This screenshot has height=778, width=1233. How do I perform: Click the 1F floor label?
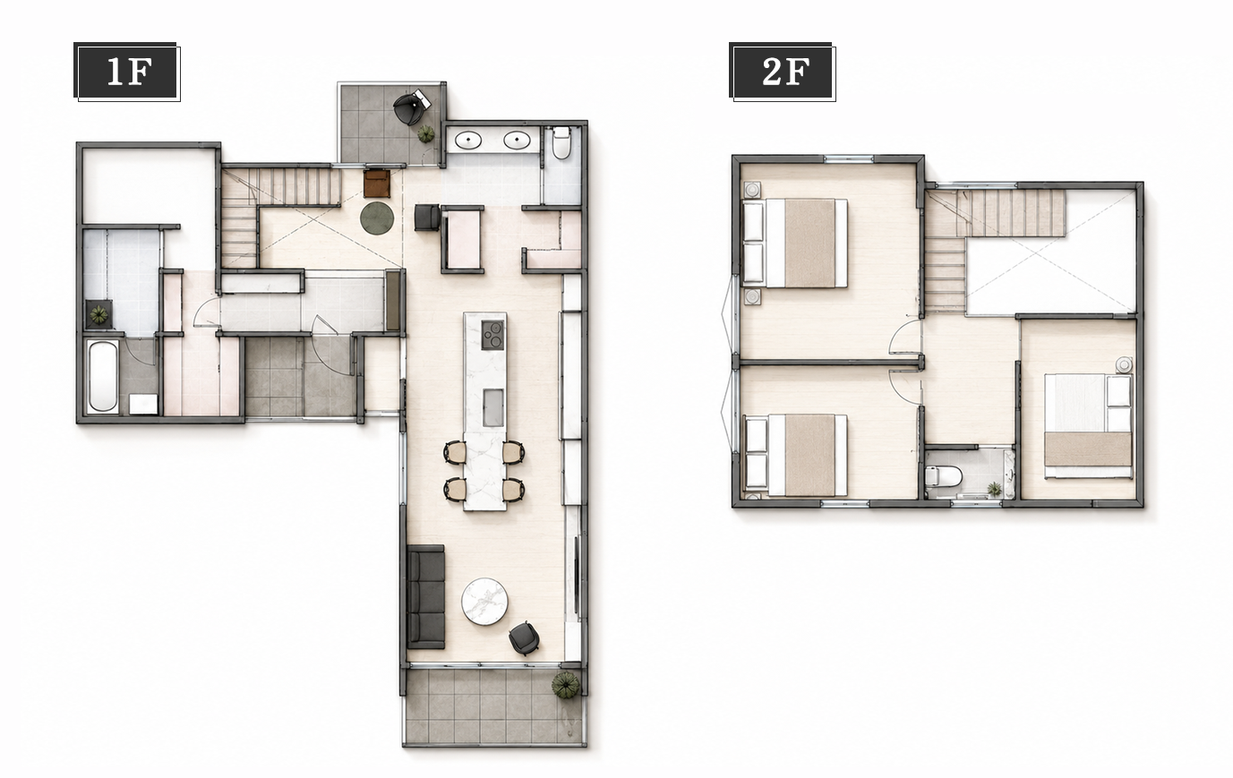(x=127, y=72)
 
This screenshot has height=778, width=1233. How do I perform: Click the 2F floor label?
(x=783, y=72)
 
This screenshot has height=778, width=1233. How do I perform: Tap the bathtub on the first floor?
(x=103, y=376)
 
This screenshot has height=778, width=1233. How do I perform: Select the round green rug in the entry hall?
(x=377, y=218)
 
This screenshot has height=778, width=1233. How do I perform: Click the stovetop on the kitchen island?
(x=492, y=335)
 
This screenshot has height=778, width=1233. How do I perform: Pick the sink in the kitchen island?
(x=493, y=407)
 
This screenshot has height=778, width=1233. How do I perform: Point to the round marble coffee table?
(x=484, y=602)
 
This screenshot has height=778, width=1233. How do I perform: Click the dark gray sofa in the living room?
(x=426, y=597)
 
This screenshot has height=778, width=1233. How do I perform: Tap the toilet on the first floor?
(x=561, y=142)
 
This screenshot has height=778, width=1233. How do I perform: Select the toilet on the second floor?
(x=943, y=476)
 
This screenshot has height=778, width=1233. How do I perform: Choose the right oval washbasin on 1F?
(x=517, y=141)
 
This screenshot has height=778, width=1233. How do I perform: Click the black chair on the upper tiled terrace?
(x=411, y=107)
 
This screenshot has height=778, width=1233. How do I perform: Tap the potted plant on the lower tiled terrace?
(x=566, y=686)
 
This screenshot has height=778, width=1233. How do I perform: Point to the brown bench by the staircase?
(x=377, y=184)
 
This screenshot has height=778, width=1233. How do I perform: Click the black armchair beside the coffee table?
(x=524, y=638)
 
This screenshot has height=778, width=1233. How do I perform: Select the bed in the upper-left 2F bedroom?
(x=795, y=244)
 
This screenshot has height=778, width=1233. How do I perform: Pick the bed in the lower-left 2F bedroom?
(x=795, y=455)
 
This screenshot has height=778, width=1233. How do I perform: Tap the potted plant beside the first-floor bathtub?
(x=98, y=315)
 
